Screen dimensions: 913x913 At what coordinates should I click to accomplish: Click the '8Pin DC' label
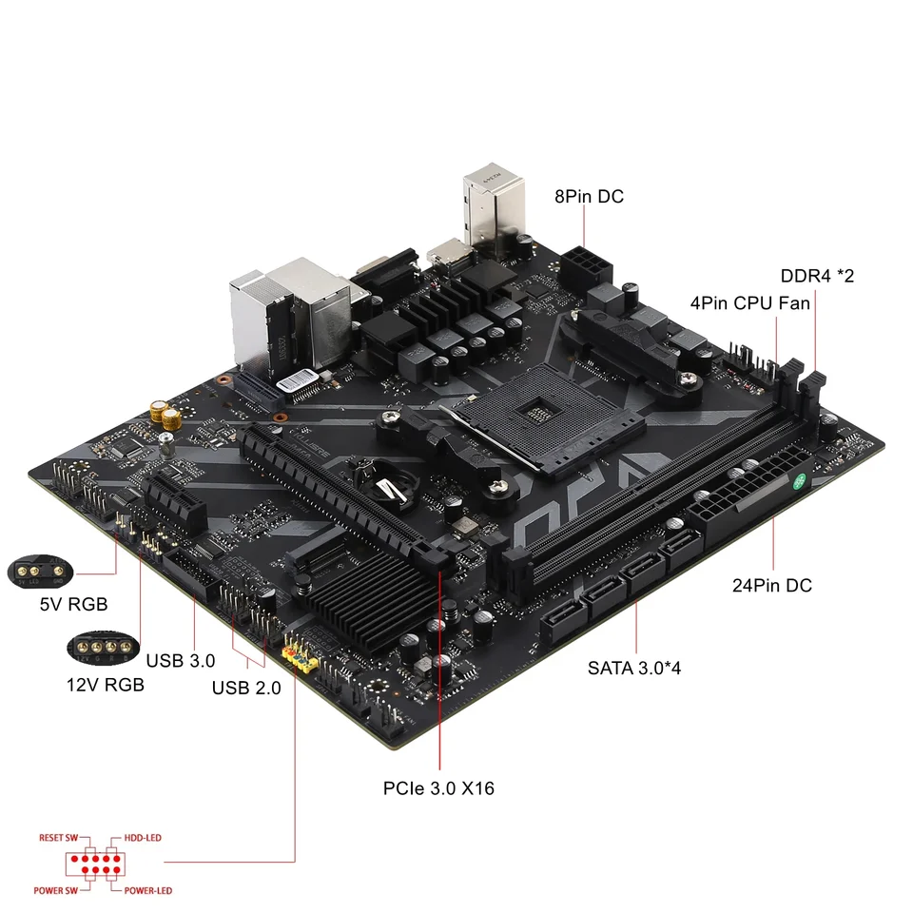coord(589,197)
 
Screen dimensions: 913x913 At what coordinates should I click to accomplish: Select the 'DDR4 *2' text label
coord(817,277)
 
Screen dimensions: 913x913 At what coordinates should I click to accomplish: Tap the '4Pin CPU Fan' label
coord(750,303)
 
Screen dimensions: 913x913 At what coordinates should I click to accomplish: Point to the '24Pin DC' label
coord(772,586)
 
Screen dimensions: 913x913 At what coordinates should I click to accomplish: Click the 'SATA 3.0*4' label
coord(634,668)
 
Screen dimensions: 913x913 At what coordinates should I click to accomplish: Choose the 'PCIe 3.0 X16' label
coord(438,788)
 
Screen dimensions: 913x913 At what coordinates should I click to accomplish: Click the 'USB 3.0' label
coord(181,660)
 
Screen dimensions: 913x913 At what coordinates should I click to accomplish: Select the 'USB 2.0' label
coord(246,689)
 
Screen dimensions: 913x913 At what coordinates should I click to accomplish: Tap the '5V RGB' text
coord(73,604)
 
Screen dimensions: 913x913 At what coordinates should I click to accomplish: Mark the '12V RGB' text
coord(106,684)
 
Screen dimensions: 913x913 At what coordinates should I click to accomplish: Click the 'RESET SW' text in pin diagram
coord(58,838)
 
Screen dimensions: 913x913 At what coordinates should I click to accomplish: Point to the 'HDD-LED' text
coord(142,838)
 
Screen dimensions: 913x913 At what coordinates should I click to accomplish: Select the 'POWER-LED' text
coord(147,891)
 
